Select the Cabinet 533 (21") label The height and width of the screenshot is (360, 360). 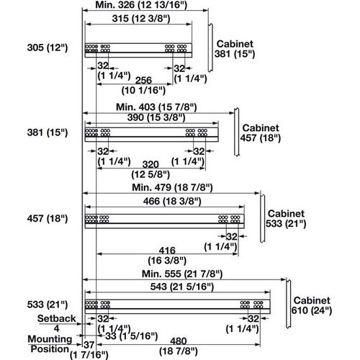click(x=287, y=219)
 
